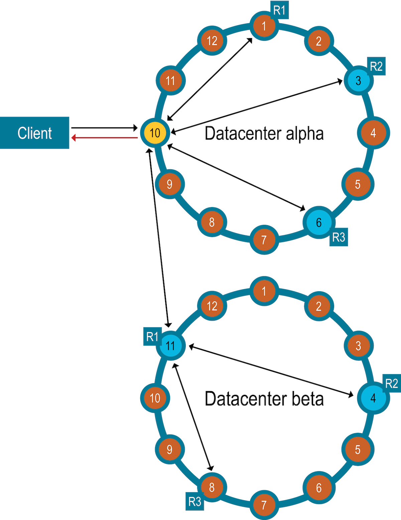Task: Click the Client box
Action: (34, 133)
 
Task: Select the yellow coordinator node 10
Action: (155, 133)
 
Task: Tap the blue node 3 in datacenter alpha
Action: (358, 80)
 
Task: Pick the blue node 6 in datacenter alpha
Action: (318, 222)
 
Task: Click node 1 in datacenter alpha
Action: (264, 26)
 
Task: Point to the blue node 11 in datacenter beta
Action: (170, 346)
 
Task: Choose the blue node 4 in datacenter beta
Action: (373, 398)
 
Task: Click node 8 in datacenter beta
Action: (212, 487)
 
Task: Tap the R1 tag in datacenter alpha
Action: (279, 10)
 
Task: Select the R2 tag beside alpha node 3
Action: (376, 66)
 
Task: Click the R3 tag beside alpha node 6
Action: (339, 237)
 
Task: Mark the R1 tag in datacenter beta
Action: (152, 337)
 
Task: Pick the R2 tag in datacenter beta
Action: (392, 383)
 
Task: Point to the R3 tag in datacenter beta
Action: (195, 501)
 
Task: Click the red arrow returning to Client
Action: (105, 138)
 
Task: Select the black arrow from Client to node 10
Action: (105, 128)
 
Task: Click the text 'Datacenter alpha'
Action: (264, 133)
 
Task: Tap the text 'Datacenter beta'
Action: (264, 399)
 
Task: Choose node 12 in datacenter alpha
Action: (212, 41)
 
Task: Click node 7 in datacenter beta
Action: (264, 505)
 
